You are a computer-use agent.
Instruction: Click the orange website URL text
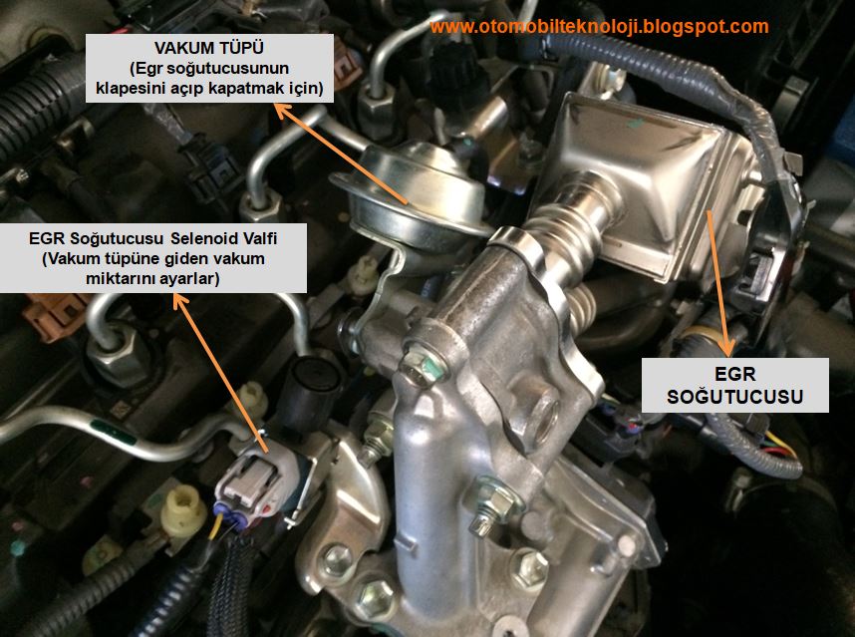599,26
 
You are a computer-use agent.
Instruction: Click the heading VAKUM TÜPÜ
209,48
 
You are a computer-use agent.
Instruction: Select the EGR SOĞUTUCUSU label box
734,385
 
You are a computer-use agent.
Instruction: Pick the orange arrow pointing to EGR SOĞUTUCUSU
719,283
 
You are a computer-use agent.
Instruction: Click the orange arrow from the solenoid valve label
220,373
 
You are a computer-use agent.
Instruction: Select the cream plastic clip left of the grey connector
183,510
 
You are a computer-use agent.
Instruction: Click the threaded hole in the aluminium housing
543,416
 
